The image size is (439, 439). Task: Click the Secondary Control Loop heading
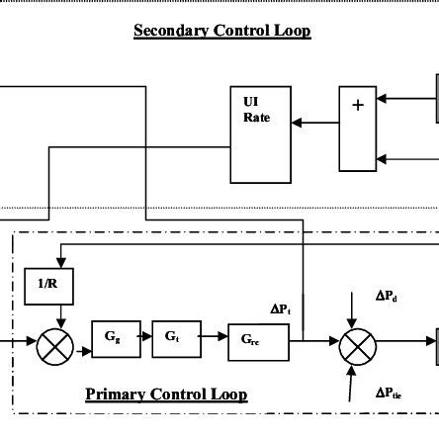(x=222, y=31)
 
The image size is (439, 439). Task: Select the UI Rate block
(x=261, y=134)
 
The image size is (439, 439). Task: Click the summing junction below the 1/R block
(x=55, y=346)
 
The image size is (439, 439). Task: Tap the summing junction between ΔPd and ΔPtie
(x=357, y=346)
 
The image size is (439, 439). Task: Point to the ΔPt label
(x=281, y=309)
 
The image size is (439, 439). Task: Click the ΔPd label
(x=386, y=295)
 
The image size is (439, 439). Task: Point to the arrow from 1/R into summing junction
(x=61, y=316)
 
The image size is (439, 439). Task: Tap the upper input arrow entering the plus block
(x=405, y=98)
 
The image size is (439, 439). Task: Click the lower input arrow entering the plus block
(x=405, y=158)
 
